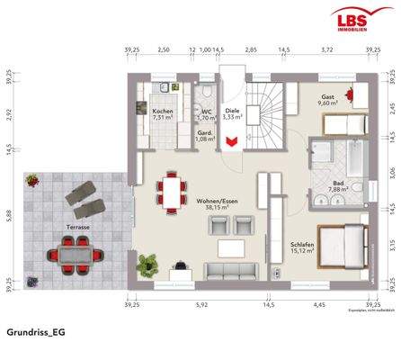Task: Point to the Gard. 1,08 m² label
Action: (205, 136)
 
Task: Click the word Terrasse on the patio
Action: (77, 228)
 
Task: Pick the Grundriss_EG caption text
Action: (36, 332)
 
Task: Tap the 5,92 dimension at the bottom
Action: (200, 304)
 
